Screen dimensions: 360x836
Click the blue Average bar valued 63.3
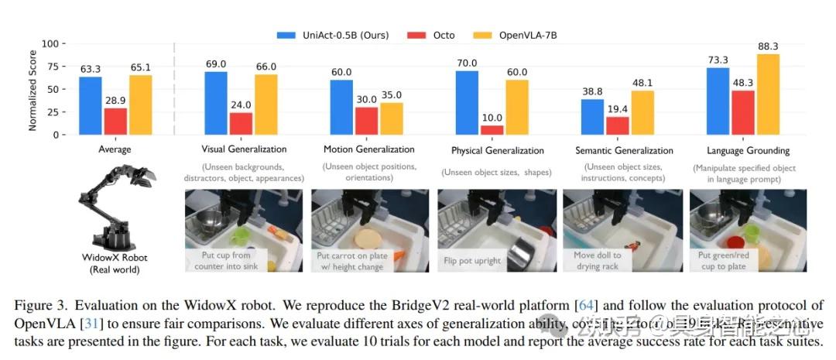pos(90,106)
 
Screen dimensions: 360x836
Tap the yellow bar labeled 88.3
pos(769,94)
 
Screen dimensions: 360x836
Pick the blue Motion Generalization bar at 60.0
pos(341,108)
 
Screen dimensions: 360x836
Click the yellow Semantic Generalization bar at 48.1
pos(642,112)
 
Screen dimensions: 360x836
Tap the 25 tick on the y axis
pos(52,112)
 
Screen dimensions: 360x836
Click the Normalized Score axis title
pos(33,89)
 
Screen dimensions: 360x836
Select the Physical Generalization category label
pos(498,150)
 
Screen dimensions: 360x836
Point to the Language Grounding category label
pos(748,149)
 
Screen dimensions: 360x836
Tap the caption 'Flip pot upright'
pos(473,261)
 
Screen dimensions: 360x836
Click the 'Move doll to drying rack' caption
pos(598,260)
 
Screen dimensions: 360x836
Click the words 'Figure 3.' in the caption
pos(36,306)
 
